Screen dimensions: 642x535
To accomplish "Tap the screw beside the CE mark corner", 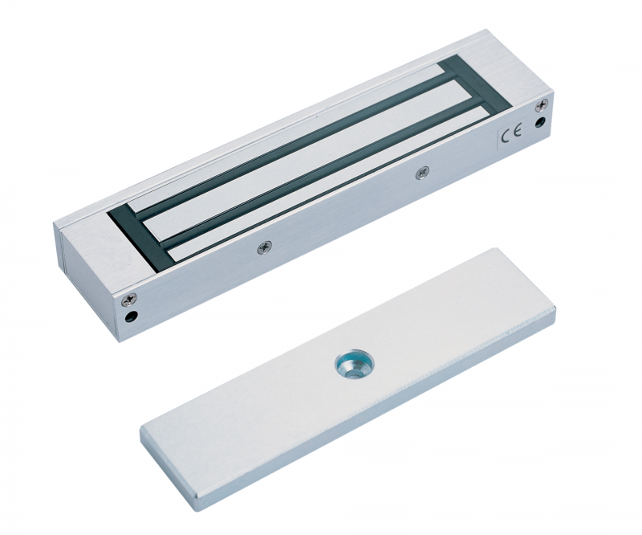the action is pyautogui.click(x=541, y=107).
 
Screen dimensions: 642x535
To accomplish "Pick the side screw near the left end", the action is pyautogui.click(x=263, y=247).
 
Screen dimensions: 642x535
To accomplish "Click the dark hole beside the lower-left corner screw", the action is pyautogui.click(x=132, y=317).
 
